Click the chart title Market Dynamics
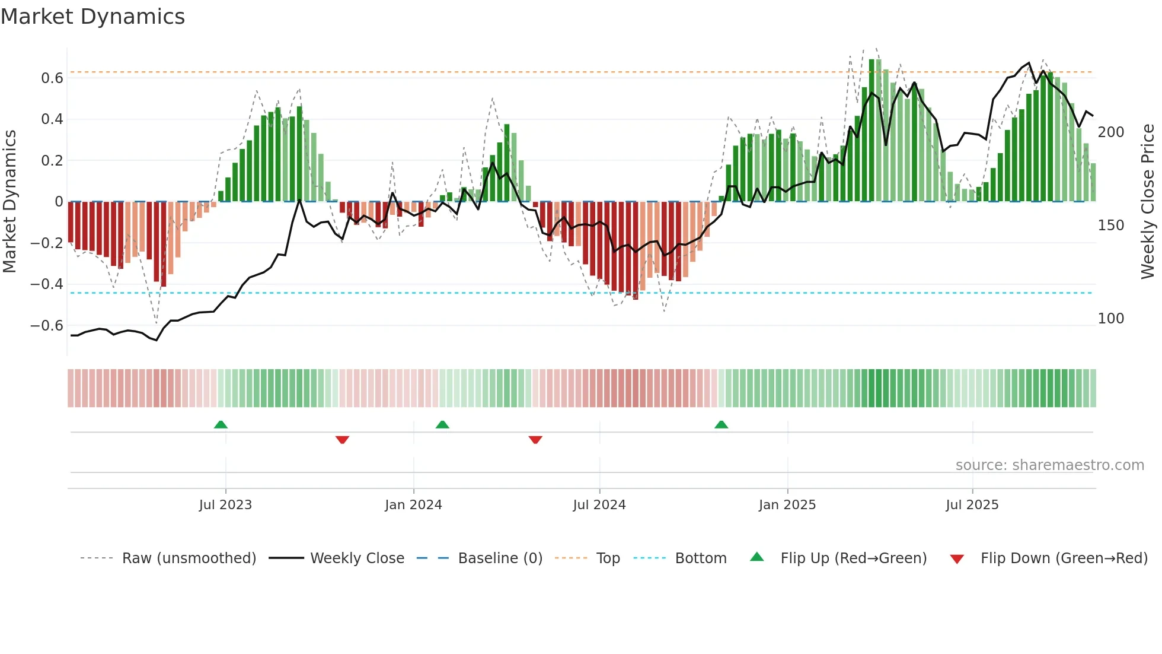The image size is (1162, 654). pos(93,17)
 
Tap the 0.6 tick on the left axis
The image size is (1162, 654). pos(52,78)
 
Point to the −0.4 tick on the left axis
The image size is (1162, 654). pos(47,284)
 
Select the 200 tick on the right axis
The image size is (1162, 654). pos(1110,132)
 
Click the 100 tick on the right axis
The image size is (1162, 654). pos(1110,319)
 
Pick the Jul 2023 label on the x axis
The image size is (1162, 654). pos(225,505)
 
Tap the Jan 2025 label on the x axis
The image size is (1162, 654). pos(787,505)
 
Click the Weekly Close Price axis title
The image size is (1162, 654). pos(1148,202)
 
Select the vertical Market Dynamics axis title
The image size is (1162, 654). pos(10,202)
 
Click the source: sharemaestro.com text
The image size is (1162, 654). pos(1049,465)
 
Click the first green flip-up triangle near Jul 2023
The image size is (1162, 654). pos(221,425)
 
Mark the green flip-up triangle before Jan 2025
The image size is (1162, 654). pos(721,425)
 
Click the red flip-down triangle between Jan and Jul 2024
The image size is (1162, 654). pos(535,440)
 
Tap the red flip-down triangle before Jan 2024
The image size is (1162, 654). pos(342,440)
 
